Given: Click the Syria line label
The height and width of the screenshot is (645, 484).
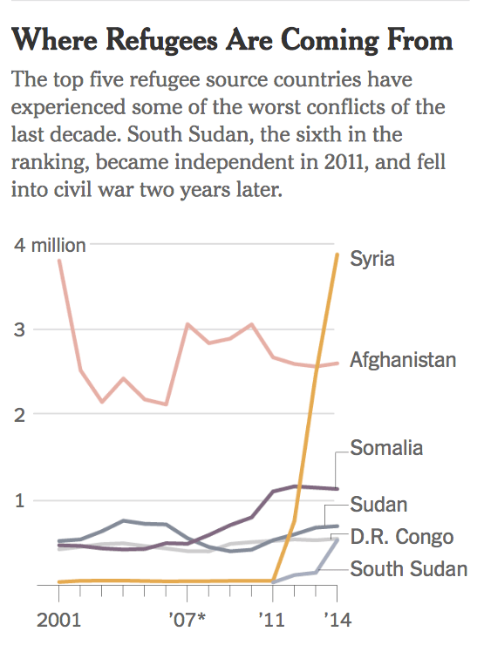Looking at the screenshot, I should (372, 259).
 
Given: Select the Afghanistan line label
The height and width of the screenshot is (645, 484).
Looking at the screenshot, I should (402, 359).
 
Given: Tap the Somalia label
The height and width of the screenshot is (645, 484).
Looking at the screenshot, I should (386, 448).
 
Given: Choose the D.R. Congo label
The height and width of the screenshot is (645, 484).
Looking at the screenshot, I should (401, 536).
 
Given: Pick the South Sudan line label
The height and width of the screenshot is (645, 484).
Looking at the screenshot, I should (408, 569).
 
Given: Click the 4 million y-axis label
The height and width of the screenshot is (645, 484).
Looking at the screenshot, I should (50, 245).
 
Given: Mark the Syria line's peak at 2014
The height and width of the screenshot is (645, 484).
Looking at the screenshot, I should (338, 255).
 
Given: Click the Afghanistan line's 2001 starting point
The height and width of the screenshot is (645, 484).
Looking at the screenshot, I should (58, 261).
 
